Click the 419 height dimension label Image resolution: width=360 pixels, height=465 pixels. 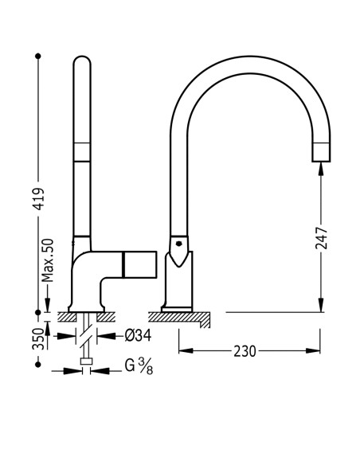pos(38,199)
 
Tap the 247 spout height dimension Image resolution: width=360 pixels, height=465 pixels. pos(321,238)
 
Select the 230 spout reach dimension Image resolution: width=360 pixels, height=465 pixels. pos(245,351)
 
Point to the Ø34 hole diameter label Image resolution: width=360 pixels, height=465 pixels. pos(138,335)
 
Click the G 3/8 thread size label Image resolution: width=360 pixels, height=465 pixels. pos(139,366)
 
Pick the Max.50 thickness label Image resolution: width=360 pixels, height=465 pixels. pos(48,261)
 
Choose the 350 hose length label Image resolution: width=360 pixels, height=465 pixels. pos(38,338)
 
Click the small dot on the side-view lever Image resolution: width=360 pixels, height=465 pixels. pos(178,244)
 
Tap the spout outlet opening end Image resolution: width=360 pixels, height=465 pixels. pos(322,161)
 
